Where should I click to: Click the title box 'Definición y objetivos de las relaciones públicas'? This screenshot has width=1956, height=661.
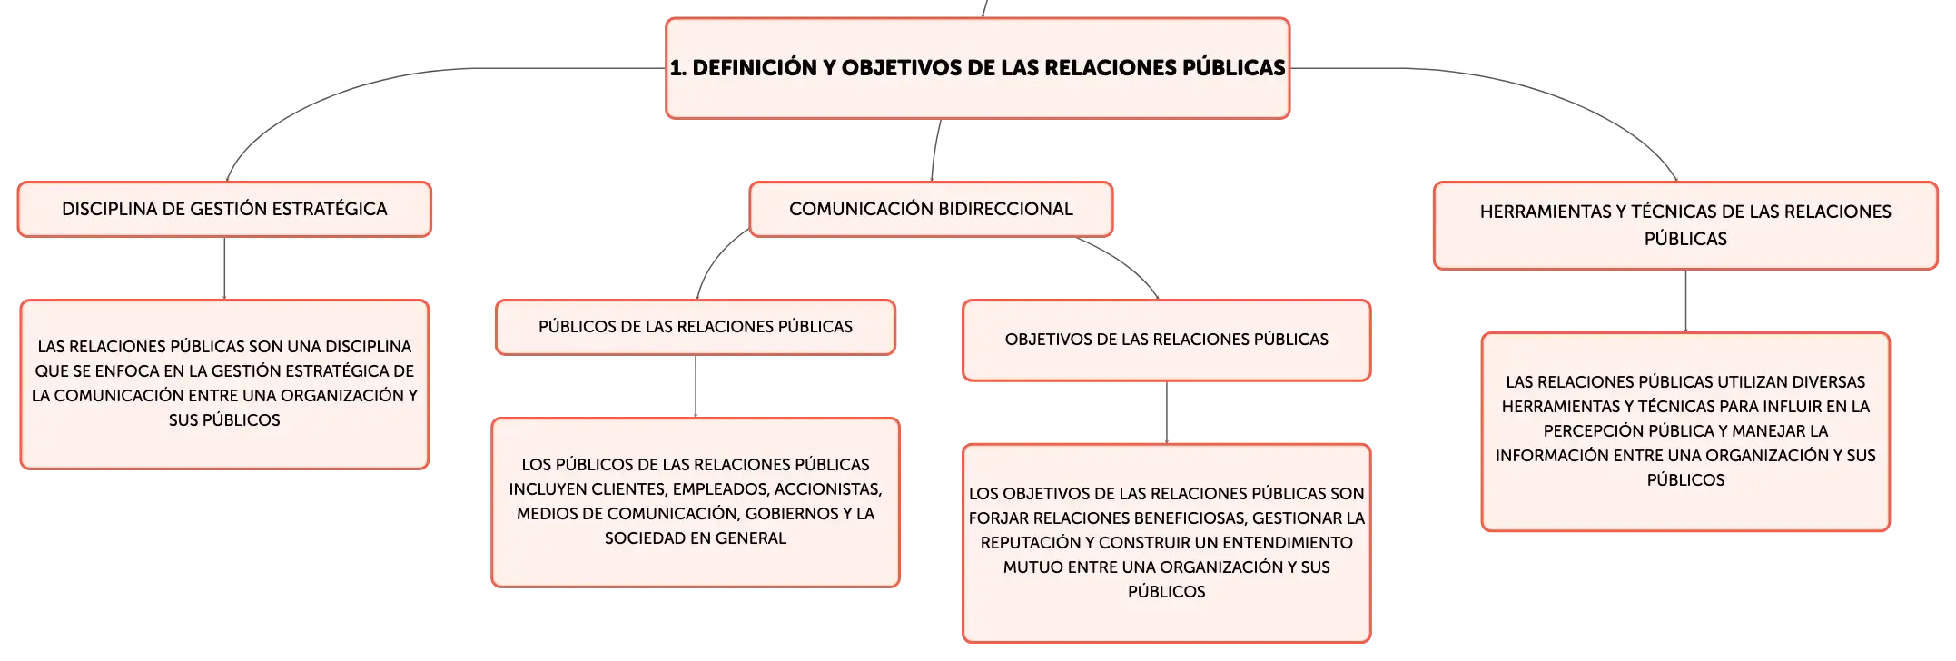tap(977, 68)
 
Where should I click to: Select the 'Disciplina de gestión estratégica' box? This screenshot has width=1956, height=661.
tap(224, 209)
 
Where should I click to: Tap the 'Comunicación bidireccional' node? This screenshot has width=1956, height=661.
tap(931, 209)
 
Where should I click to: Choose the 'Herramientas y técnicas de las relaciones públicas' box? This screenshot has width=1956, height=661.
tap(1685, 225)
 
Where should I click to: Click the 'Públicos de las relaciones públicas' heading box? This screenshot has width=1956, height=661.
tap(696, 327)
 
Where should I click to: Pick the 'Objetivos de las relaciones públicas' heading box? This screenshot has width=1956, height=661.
tap(1167, 340)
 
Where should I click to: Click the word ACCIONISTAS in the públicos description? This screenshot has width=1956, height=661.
tap(829, 489)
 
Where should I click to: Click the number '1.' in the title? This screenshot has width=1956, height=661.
tap(677, 68)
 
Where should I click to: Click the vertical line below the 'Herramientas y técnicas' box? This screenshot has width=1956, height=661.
tap(1685, 301)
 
